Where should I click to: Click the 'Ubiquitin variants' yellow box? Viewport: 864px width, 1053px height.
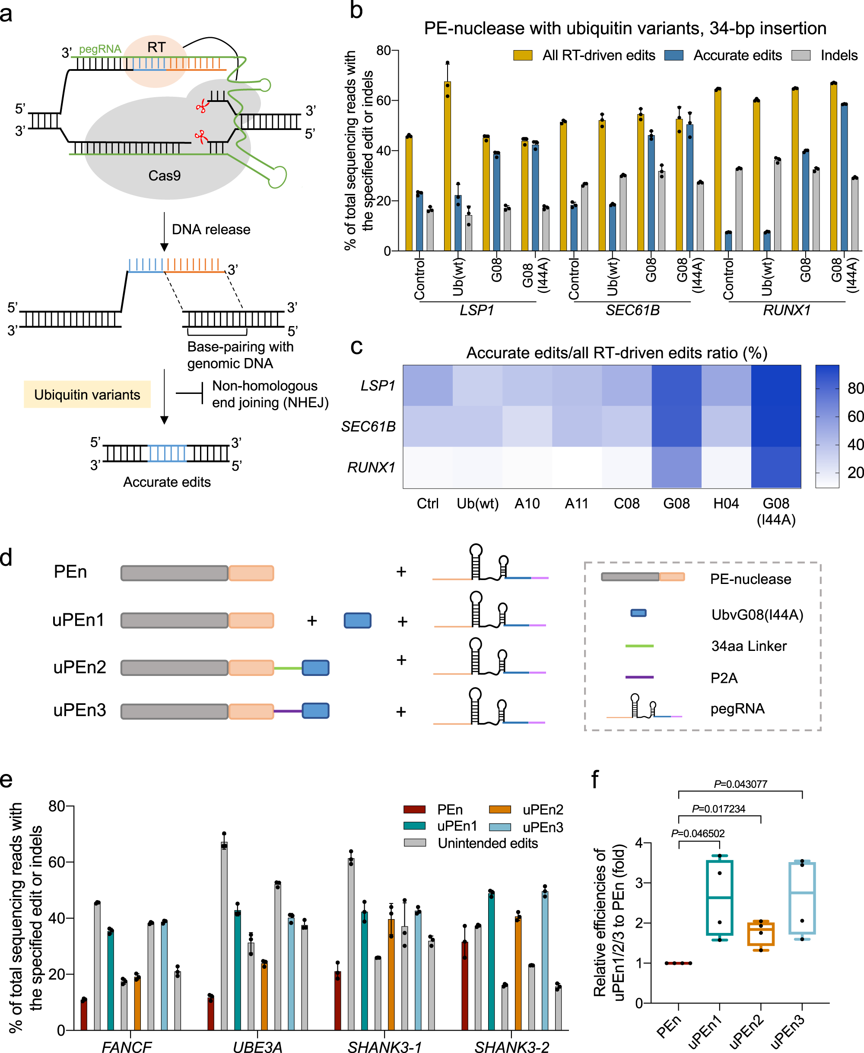click(87, 395)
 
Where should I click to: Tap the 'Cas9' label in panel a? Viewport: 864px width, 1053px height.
click(164, 176)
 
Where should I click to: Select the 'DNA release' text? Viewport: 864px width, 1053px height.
click(211, 229)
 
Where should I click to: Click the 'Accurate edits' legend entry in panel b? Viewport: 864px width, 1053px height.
click(737, 55)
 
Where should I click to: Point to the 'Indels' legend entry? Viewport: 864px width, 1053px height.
click(839, 55)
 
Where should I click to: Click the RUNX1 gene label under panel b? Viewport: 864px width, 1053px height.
click(786, 311)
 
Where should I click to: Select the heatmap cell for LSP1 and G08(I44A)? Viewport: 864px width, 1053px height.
click(776, 386)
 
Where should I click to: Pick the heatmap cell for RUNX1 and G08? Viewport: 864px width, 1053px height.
click(677, 467)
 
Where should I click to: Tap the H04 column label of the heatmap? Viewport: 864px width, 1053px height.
click(726, 504)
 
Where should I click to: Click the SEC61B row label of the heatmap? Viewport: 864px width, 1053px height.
click(368, 426)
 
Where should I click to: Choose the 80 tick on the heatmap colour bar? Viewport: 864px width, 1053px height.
click(855, 389)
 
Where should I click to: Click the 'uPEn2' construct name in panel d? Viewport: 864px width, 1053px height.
click(79, 667)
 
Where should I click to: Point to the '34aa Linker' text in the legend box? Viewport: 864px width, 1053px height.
click(749, 646)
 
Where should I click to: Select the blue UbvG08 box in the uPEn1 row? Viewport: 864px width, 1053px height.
click(357, 621)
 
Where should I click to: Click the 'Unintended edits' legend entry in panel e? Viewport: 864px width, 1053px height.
click(487, 843)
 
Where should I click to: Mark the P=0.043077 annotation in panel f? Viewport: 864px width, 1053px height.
click(740, 784)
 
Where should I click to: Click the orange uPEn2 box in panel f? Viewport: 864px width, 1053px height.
click(760, 933)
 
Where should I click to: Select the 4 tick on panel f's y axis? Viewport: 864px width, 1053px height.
click(639, 843)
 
